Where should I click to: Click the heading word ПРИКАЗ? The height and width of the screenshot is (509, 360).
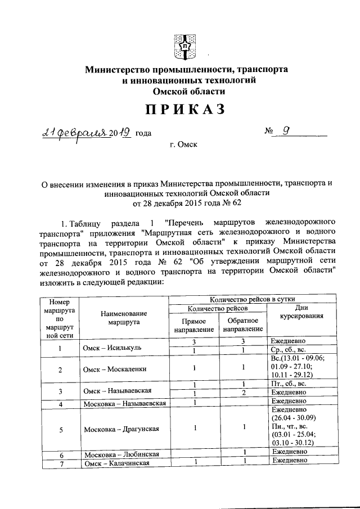click(179, 109)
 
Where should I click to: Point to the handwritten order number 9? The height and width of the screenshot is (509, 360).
click(286, 131)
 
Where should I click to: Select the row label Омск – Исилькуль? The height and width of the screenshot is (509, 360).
click(112, 347)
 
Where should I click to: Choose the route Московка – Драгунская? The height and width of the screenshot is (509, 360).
click(121, 429)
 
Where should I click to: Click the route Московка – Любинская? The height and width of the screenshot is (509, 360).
click(121, 454)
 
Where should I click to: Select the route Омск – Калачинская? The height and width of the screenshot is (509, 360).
click(116, 463)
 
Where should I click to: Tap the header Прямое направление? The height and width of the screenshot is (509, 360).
click(194, 325)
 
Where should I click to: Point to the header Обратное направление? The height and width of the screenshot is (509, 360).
click(245, 325)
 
